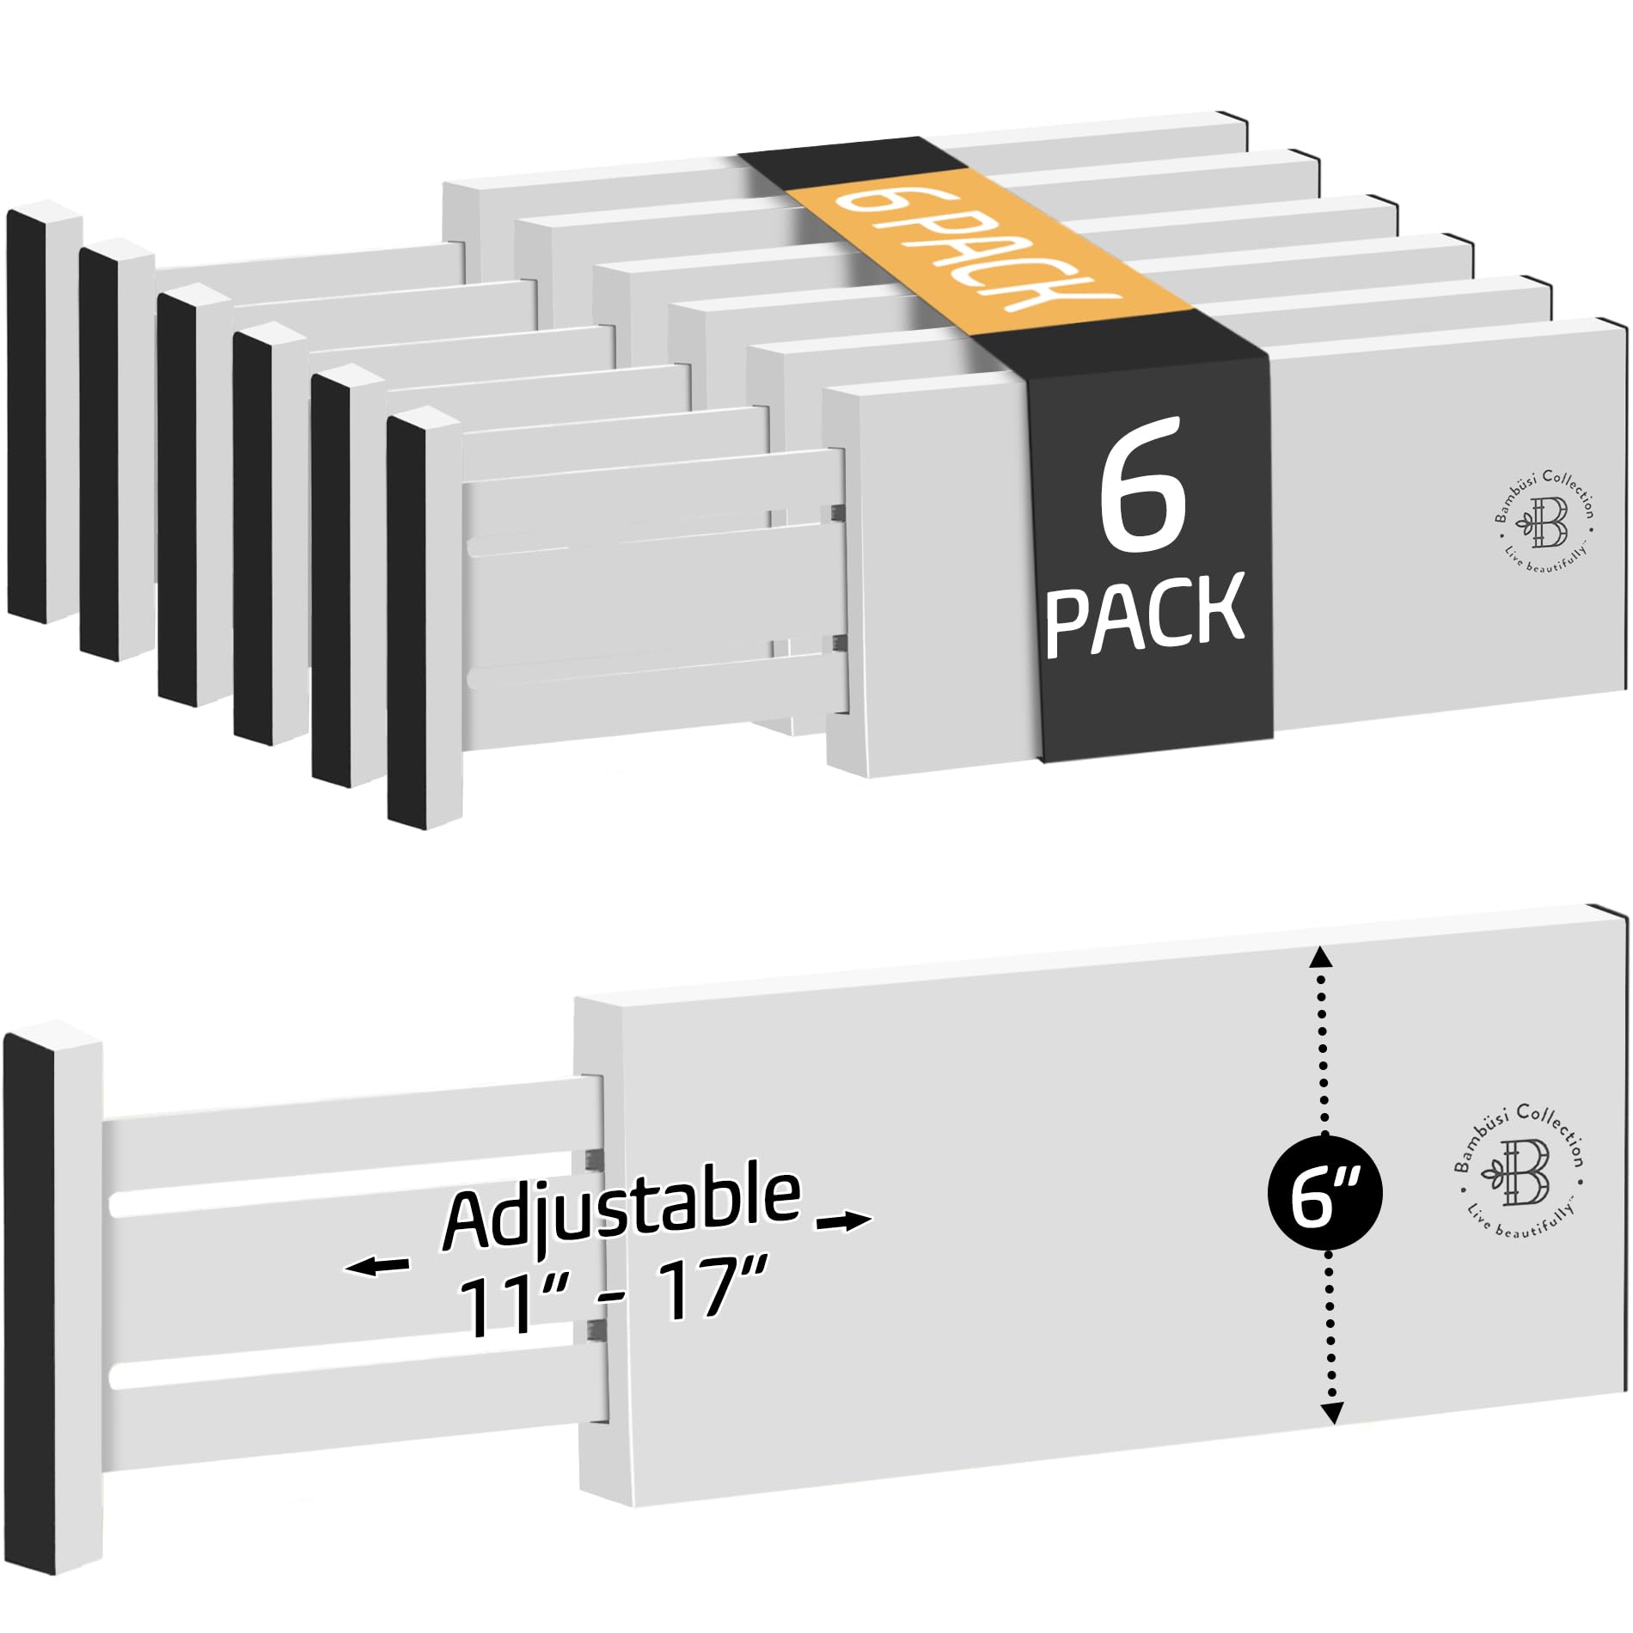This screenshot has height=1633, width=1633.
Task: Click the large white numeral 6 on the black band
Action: coord(1143,486)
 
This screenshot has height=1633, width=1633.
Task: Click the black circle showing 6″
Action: coord(1324,1194)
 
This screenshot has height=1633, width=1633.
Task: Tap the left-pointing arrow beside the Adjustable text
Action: coord(376,1266)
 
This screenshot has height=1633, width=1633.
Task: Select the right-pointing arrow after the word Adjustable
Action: coord(844,1221)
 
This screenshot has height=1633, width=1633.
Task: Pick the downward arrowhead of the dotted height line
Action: coord(1331,1411)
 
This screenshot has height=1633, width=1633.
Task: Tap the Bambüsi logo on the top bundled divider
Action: coord(1544,519)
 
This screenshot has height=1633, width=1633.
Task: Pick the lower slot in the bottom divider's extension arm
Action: coord(344,1372)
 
